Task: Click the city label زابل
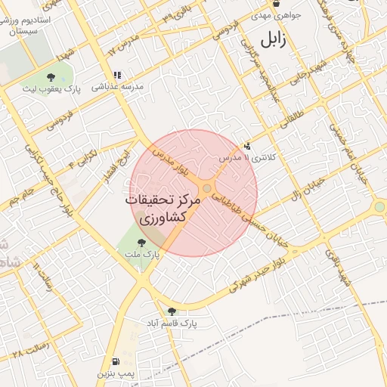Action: [273, 39]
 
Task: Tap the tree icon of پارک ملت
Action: [141, 243]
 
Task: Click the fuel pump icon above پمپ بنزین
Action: [115, 361]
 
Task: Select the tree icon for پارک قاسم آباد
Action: [172, 311]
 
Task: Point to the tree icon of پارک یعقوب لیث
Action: [51, 77]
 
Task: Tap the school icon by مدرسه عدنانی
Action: [116, 75]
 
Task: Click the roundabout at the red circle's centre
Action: [207, 189]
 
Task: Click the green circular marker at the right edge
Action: [379, 206]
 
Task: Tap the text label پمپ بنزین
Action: [115, 374]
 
